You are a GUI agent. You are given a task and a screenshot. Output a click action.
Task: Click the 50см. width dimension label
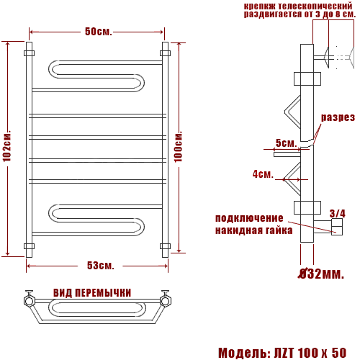tap(99, 32)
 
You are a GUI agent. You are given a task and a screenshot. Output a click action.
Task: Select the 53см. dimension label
tap(100, 266)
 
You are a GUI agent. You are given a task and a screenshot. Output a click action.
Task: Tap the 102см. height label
tap(7, 145)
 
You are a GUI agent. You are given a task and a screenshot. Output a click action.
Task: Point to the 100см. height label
tap(178, 146)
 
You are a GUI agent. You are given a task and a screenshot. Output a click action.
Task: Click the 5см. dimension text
tap(286, 143)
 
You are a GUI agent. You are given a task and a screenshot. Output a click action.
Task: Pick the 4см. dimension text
tap(263, 174)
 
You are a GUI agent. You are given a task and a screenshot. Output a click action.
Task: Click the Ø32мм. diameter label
tap(321, 274)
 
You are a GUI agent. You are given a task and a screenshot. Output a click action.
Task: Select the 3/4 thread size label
tap(338, 214)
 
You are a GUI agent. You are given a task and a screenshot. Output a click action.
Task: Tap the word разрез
tap(338, 117)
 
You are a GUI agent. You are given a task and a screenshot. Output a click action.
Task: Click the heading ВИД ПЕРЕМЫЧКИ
tap(92, 293)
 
